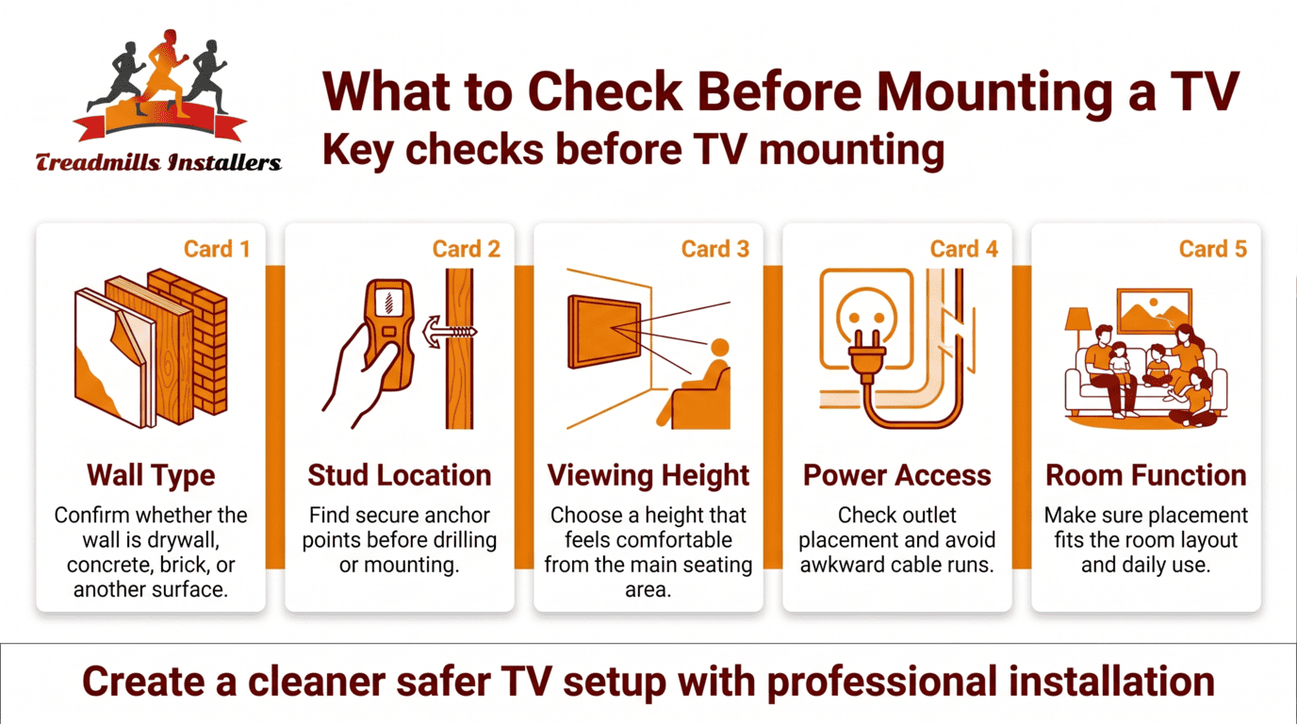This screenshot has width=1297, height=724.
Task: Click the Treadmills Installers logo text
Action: [158, 162]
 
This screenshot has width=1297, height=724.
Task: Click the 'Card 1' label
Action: [217, 249]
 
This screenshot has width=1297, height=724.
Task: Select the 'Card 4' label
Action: [963, 249]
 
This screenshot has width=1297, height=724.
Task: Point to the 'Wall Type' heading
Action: [151, 475]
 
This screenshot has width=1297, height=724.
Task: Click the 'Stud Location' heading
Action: [400, 475]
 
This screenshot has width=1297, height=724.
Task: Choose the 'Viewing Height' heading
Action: [648, 475]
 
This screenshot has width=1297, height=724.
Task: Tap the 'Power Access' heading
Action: [897, 475]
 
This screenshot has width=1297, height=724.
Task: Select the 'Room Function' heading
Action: [1146, 475]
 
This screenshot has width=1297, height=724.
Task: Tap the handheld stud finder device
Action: [386, 330]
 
